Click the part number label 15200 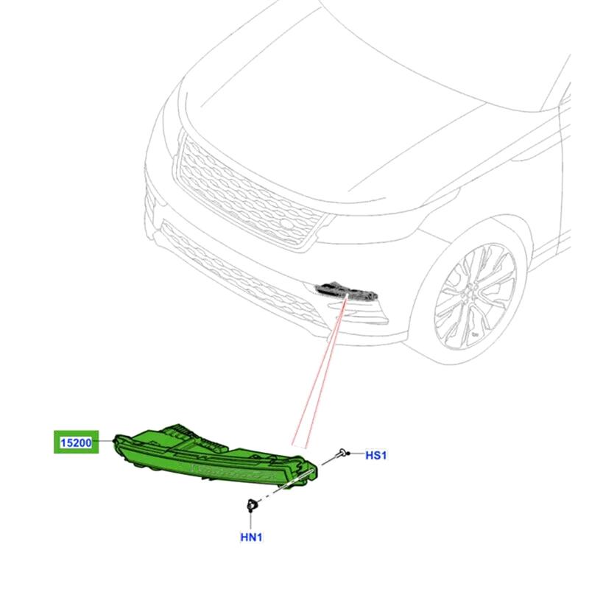[x=76, y=443]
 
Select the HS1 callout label [x=375, y=455]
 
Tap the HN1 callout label [x=251, y=537]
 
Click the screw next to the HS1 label [x=343, y=453]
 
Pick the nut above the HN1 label [x=251, y=505]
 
